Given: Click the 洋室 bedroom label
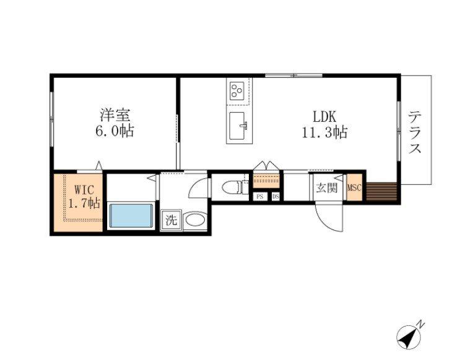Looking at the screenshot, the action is (x=115, y=115).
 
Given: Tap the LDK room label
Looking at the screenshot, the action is (x=324, y=116).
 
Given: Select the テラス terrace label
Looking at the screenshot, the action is (x=415, y=132).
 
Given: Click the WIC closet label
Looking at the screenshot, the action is (x=85, y=189).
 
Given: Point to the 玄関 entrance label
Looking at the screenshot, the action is (x=326, y=188).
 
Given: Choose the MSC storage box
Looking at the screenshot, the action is (x=354, y=187).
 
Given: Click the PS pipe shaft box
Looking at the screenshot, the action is (x=260, y=197).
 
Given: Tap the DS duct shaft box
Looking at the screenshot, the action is (x=276, y=197).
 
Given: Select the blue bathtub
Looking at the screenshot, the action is (x=131, y=215).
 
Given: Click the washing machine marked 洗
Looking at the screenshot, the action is (x=171, y=220).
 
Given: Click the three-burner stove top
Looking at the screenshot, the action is (x=237, y=91).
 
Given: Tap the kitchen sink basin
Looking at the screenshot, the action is (x=238, y=126).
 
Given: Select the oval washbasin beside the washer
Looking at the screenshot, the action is (x=194, y=220).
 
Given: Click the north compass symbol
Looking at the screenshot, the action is (x=409, y=336).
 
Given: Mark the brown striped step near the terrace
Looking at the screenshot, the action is (x=381, y=192).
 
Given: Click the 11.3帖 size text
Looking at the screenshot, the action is (x=324, y=132).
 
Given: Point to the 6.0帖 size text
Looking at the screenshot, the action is (x=115, y=131).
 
